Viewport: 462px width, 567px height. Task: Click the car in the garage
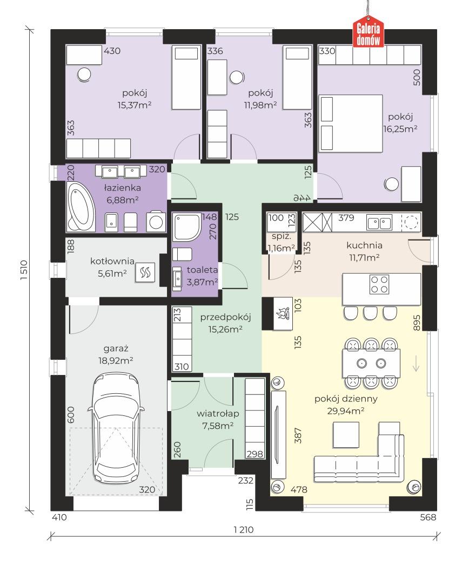click(116, 428)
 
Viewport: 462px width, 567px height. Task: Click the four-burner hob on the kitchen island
click(379, 284)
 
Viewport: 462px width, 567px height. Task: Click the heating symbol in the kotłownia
click(145, 272)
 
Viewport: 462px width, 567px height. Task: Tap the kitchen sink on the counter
click(379, 222)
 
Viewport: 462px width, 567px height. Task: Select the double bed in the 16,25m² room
click(351, 124)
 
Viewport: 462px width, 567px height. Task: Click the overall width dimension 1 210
click(244, 530)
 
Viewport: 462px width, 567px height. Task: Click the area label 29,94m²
click(346, 411)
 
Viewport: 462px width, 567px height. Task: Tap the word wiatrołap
click(218, 413)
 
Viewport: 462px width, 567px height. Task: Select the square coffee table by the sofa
click(346, 435)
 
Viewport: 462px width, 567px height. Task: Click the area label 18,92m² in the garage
click(116, 360)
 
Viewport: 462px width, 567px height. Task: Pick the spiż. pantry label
click(282, 237)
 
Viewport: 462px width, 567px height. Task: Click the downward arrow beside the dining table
click(416, 363)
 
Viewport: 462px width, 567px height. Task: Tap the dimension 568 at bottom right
click(428, 517)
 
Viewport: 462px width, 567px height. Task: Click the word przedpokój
click(225, 317)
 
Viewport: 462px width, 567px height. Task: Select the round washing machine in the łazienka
click(156, 222)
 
